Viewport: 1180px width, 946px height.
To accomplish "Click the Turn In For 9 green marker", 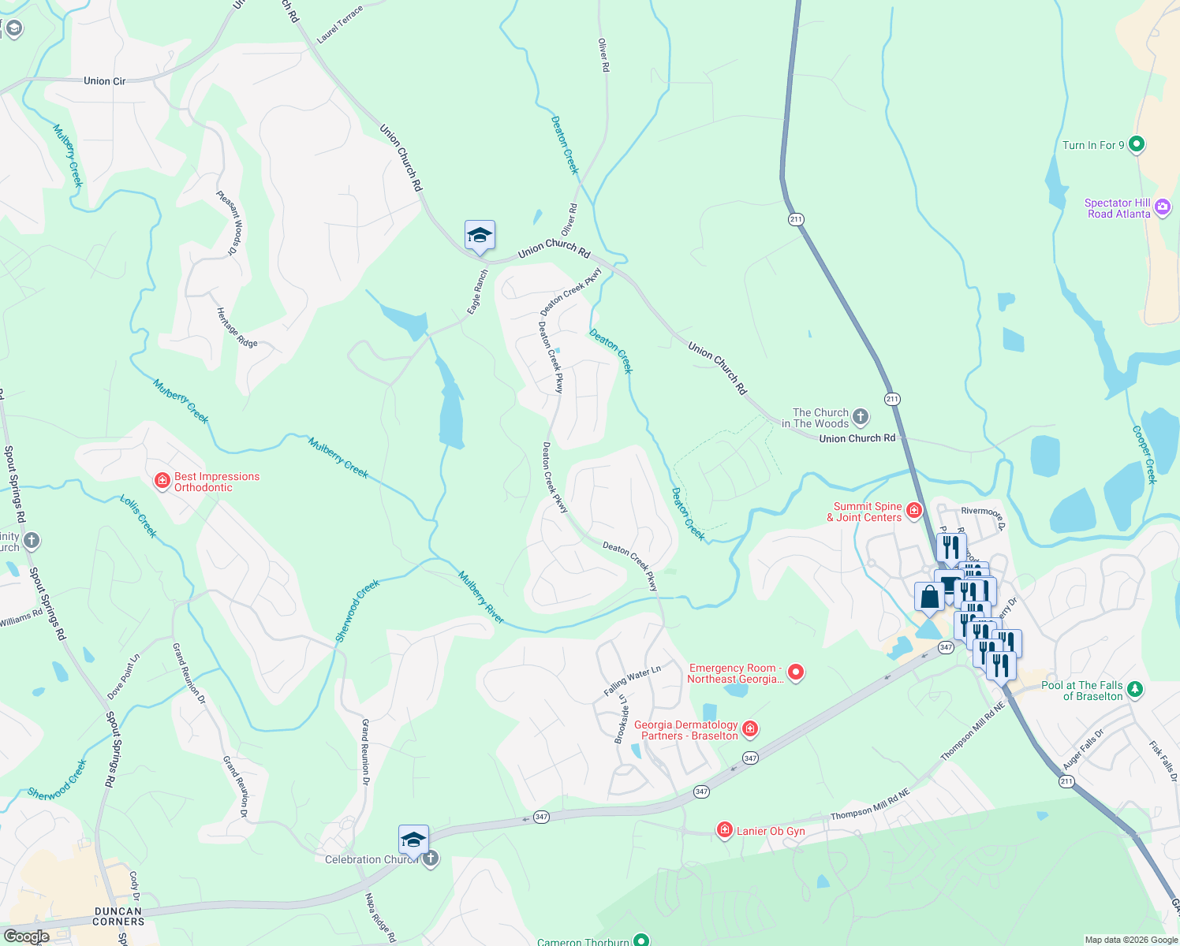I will point(1136,144).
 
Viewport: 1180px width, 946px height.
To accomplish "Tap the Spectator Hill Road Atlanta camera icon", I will point(1162,208).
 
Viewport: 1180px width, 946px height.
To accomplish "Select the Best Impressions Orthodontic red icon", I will point(162,481).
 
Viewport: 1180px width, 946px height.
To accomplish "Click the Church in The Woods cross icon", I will point(861,417).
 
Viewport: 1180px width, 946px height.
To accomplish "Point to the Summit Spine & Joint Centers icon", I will point(914,511).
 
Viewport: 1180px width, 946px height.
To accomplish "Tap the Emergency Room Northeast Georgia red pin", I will point(796,672).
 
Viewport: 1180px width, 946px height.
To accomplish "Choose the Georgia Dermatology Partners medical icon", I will point(750,729).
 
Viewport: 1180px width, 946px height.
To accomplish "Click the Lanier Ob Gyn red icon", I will point(724,829).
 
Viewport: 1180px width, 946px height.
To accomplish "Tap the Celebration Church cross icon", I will point(430,858).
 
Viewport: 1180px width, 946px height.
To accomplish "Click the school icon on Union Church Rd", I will point(480,236).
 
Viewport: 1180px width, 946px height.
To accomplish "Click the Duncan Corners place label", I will point(119,916).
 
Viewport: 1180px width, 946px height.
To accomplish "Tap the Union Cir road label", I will point(105,81).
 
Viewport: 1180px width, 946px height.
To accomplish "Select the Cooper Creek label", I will point(1145,455).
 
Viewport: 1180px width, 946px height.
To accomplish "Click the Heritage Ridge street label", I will point(237,328).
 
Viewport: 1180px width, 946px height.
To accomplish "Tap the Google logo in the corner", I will point(26,936).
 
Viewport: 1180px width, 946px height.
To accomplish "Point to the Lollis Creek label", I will point(139,516).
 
